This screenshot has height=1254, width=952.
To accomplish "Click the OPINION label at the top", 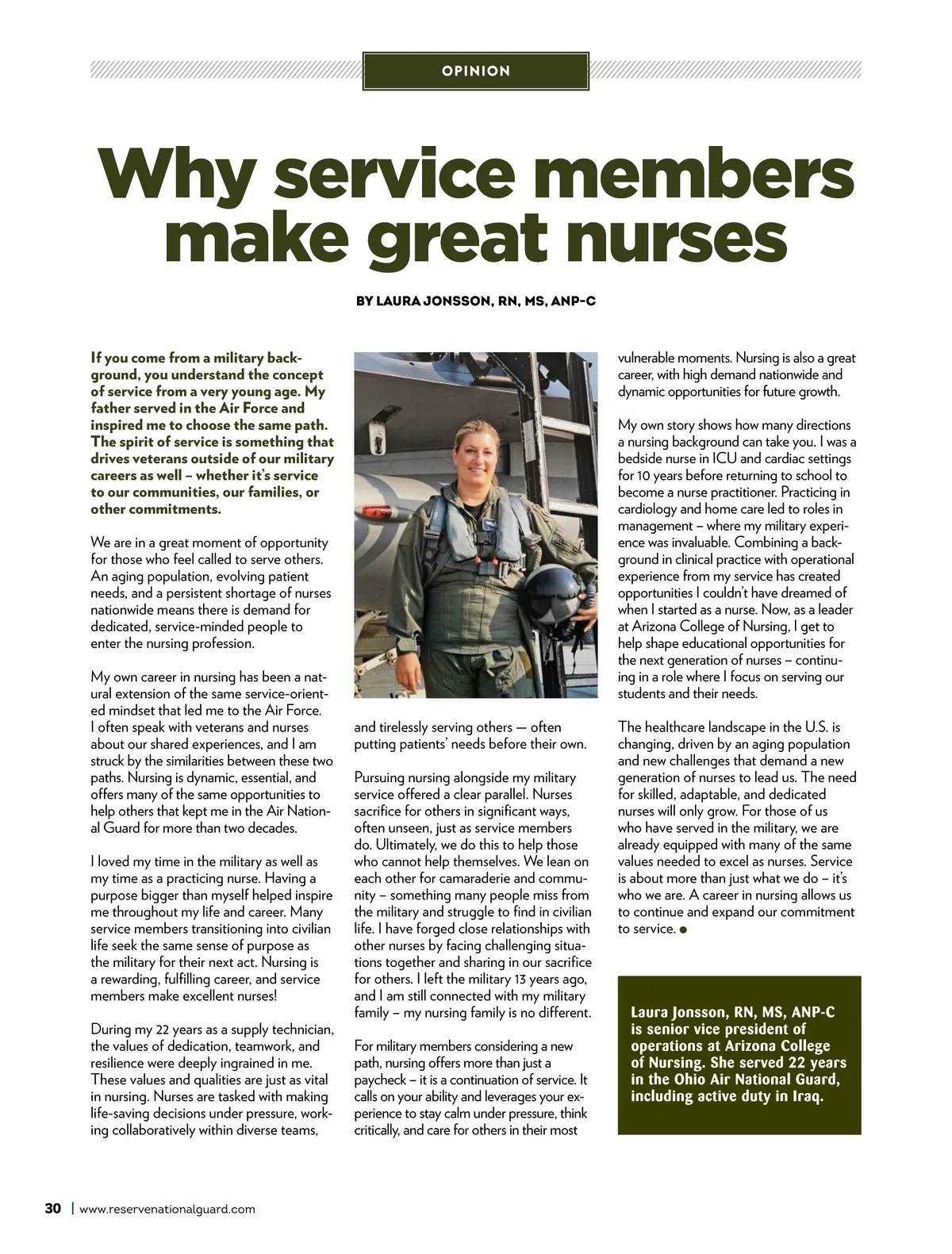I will (x=475, y=71).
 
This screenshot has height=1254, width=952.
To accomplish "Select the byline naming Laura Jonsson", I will (x=475, y=301).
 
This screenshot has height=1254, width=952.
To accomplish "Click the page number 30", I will (x=52, y=1209).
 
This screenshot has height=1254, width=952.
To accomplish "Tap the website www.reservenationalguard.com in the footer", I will (x=167, y=1210).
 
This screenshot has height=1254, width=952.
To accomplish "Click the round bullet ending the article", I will (x=683, y=930).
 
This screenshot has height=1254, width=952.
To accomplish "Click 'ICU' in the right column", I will (x=725, y=458).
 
